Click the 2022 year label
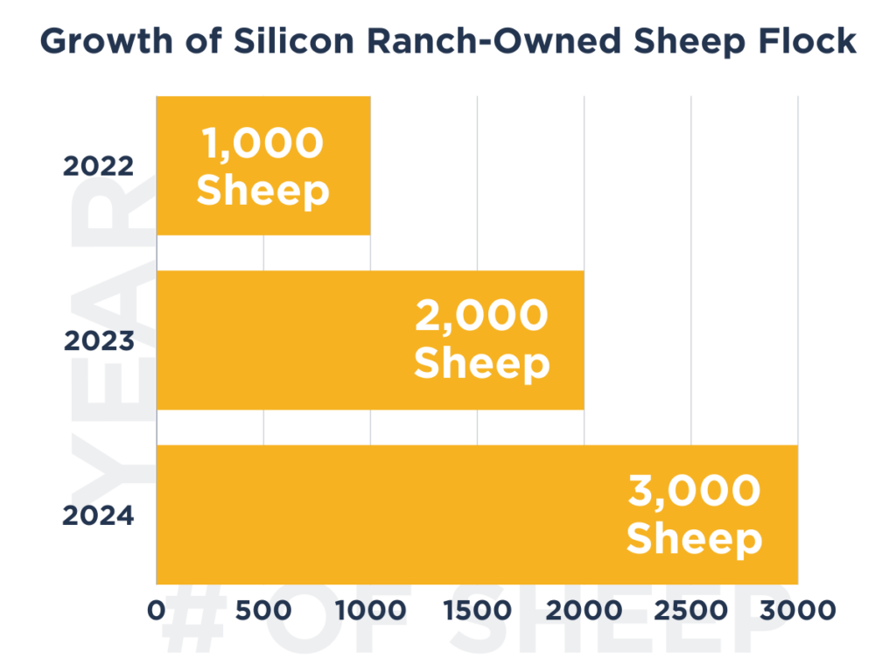98,165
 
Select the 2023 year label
98,340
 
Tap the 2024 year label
98,515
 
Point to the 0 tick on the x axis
157,610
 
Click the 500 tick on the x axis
263,610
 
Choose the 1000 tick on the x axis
370,610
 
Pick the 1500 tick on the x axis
477,610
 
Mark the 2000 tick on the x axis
584,610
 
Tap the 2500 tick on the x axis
691,610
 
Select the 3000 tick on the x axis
797,610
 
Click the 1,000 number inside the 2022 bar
262,143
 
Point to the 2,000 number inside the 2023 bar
481,317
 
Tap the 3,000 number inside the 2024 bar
694,492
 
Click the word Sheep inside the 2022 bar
262,190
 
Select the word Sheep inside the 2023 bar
481,364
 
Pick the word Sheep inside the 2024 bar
694,539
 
